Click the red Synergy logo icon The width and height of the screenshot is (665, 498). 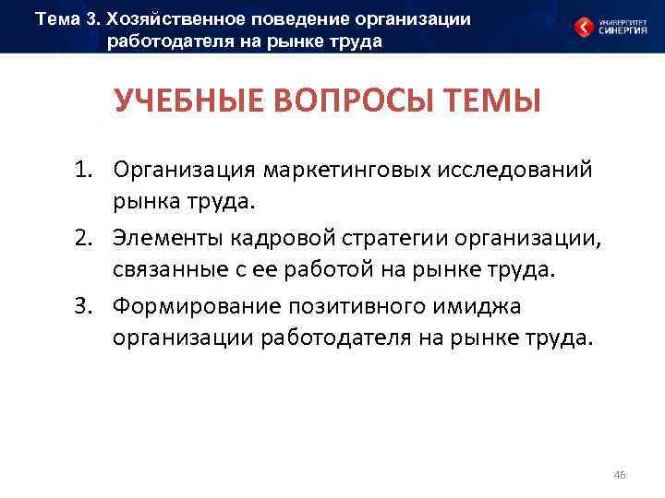point(584,27)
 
